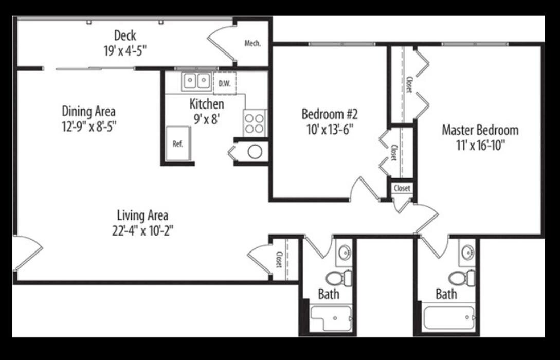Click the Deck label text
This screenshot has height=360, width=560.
tap(125, 36)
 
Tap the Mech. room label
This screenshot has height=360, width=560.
tap(252, 44)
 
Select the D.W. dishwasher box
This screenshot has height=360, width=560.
tap(224, 83)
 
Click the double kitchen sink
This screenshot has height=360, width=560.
tap(196, 81)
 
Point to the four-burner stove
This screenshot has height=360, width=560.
tap(254, 123)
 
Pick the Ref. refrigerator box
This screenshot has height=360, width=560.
tap(178, 143)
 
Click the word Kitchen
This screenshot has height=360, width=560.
tap(207, 104)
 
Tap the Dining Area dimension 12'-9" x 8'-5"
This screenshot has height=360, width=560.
tap(89, 125)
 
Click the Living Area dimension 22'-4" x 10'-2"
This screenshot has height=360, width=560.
tap(142, 230)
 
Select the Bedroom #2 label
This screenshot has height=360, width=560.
tap(329, 114)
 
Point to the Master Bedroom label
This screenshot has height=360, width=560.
tap(480, 130)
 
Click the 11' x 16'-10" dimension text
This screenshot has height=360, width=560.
tap(480, 145)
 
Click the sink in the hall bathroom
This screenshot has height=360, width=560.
tap(344, 252)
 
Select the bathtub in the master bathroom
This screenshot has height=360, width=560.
tap(448, 317)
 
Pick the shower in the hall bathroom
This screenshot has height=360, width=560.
tap(331, 318)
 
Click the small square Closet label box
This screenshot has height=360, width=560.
tap(402, 188)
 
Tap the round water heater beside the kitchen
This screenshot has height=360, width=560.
tap(255, 151)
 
